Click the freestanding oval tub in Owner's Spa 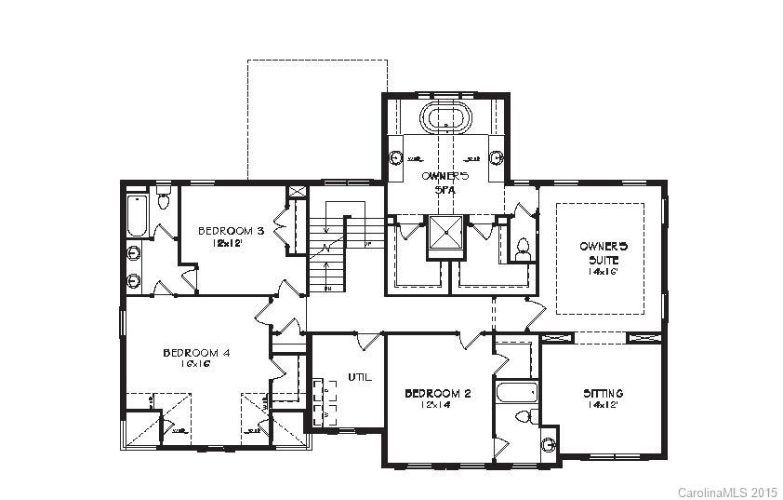coord(446,119)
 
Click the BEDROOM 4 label coord(196,353)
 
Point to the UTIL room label coord(360,377)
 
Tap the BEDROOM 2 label coord(437,394)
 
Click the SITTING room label coord(603,394)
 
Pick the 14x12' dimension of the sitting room coord(603,406)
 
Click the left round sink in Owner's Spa coord(395,157)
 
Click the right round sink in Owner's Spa coord(497,157)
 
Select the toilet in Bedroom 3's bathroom coord(164,198)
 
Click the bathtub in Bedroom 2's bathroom coord(514,392)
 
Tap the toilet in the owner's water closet coord(523,248)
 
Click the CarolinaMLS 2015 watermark coord(726,490)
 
